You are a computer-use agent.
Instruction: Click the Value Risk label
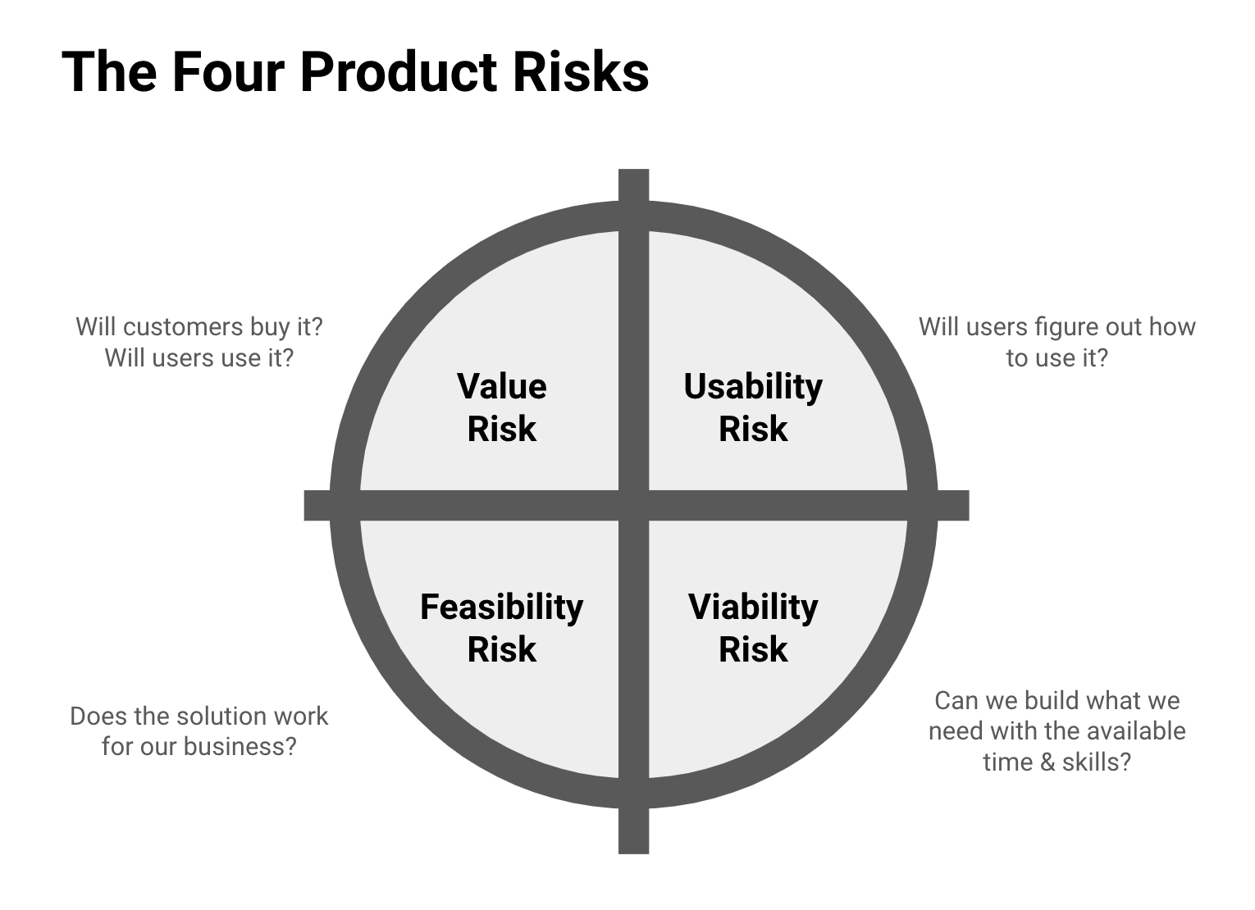pyautogui.click(x=501, y=407)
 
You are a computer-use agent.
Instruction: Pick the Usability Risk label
pyautogui.click(x=753, y=407)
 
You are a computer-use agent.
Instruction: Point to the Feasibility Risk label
pyautogui.click(x=501, y=628)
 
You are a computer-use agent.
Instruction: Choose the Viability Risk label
pyautogui.click(x=753, y=628)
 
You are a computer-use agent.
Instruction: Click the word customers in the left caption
pyautogui.click(x=183, y=326)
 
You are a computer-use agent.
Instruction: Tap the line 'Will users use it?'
pyautogui.click(x=199, y=357)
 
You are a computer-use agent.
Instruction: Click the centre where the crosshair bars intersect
pyautogui.click(x=633, y=506)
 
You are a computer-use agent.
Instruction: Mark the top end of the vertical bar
pyautogui.click(x=633, y=175)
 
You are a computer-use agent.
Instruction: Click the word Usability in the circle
pyautogui.click(x=753, y=387)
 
